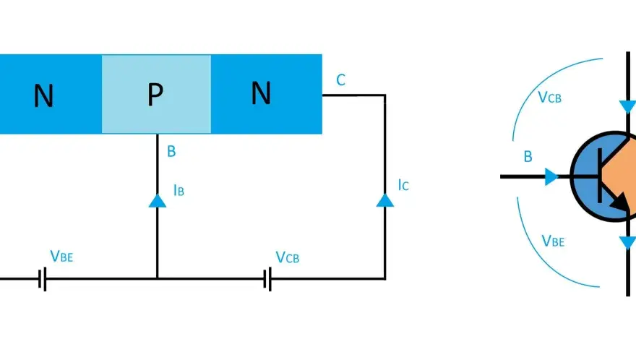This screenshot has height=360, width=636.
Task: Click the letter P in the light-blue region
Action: tap(155, 94)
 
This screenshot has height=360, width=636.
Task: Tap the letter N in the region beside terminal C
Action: tap(261, 93)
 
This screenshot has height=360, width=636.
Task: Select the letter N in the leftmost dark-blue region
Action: tap(43, 96)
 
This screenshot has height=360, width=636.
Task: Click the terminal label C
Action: tap(340, 80)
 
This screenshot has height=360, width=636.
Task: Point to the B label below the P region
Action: tap(171, 151)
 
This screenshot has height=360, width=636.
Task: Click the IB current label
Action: tap(179, 190)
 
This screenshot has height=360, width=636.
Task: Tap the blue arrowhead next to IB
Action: tap(158, 201)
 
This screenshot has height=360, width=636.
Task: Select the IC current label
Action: tap(403, 184)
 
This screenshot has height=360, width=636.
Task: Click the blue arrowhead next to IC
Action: tap(385, 200)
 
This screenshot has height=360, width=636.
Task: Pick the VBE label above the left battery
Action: tap(61, 256)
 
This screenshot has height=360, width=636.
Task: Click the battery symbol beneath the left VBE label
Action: tap(42, 279)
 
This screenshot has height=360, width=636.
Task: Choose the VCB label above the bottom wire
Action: tap(287, 257)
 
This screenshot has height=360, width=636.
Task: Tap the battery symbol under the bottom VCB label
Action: tap(267, 279)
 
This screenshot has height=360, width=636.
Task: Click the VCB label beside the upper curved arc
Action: tap(549, 97)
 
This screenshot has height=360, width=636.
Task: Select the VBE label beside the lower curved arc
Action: tap(553, 241)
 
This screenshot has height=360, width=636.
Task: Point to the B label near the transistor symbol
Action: tap(528, 157)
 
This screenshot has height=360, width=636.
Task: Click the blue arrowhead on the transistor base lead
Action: tap(551, 177)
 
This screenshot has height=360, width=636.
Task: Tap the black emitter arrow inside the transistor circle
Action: tap(620, 201)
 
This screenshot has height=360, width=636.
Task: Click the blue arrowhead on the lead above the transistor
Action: tap(627, 107)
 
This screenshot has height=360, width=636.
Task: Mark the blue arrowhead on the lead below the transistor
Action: tap(627, 243)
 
